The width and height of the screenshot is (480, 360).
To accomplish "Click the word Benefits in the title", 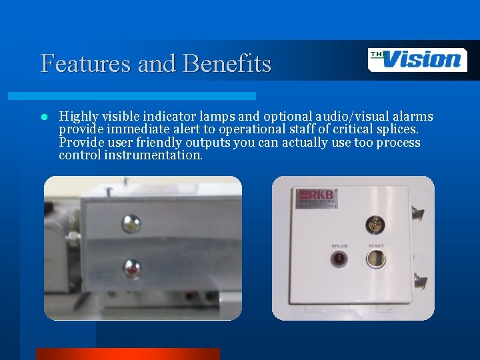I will [x=227, y=64].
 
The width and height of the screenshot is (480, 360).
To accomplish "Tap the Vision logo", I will [x=417, y=60].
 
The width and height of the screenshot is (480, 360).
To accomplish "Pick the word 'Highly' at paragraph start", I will [x=79, y=117].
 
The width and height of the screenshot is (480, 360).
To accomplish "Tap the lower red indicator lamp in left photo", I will [x=131, y=269].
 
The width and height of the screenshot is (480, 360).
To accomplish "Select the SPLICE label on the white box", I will [x=340, y=246].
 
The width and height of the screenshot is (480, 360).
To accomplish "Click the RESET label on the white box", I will [x=376, y=246].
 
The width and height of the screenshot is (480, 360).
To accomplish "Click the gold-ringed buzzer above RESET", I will [x=375, y=224].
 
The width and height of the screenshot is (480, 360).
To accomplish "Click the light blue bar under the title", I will [x=147, y=96].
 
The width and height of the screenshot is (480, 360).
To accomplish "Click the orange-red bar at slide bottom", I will [x=127, y=354].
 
